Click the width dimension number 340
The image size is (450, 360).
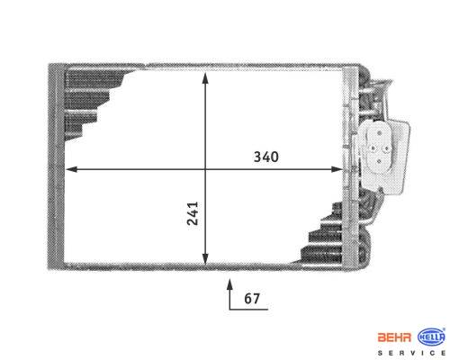click(x=266, y=157)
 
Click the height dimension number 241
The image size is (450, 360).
click(x=193, y=213)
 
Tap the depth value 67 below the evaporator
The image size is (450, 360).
click(x=252, y=298)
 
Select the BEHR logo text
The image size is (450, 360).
click(x=394, y=337)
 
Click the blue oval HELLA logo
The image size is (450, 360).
click(x=431, y=337)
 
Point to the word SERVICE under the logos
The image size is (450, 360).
click(x=411, y=353)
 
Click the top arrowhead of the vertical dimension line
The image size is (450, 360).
click(x=205, y=78)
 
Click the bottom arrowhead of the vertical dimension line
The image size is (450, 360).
click(x=205, y=258)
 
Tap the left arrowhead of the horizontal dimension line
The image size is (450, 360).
click(x=71, y=169)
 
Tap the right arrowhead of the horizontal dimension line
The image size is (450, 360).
click(x=337, y=169)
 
